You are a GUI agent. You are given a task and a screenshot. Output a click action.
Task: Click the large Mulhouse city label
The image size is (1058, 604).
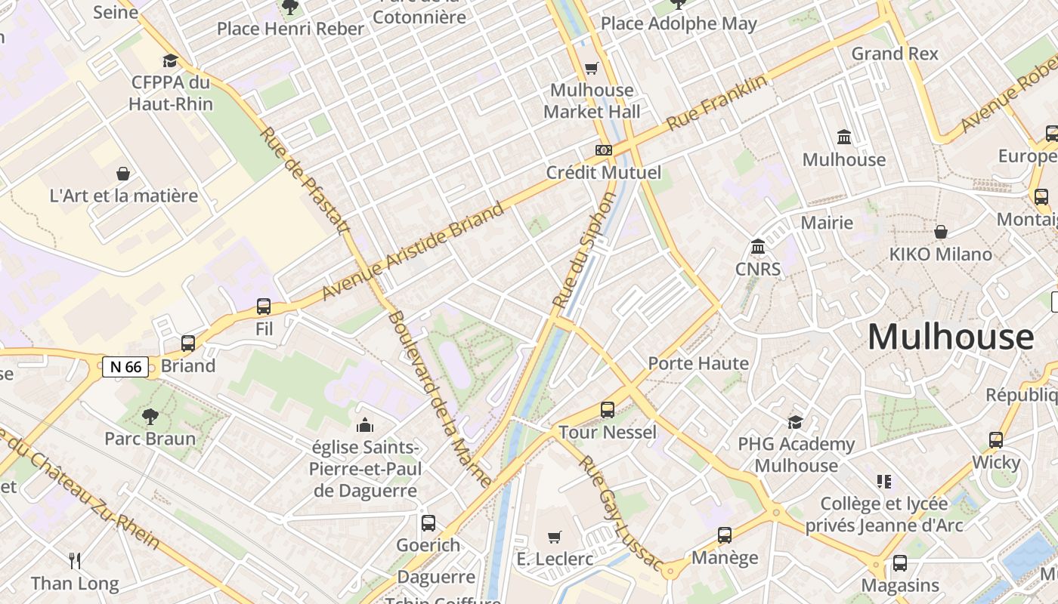[951, 337]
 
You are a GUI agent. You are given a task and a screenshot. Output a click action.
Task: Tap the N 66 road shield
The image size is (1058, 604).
[125, 367]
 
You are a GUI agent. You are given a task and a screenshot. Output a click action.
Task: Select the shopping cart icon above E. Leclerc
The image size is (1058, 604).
[555, 537]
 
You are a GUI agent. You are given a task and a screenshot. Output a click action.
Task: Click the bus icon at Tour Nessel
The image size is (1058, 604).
[608, 410]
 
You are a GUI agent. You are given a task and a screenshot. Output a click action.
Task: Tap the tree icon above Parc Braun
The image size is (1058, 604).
[150, 416]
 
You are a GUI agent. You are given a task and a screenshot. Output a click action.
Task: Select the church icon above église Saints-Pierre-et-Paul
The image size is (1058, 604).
[365, 425]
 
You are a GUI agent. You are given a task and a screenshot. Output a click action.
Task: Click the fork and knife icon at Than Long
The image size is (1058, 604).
[75, 561]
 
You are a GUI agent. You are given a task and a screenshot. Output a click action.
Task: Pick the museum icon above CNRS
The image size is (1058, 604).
[758, 247]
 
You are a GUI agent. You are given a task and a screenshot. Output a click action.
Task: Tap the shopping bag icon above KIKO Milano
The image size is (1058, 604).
[941, 232]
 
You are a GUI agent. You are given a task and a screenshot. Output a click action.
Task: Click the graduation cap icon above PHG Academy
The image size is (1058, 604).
[795, 422]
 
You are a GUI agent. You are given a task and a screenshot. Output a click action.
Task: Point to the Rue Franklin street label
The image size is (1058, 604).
[716, 102]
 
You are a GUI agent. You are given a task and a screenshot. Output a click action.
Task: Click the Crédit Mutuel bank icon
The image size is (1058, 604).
[603, 150]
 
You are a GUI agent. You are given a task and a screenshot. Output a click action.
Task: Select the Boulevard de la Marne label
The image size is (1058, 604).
[439, 398]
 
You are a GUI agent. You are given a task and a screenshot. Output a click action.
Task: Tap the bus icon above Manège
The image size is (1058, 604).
[725, 535]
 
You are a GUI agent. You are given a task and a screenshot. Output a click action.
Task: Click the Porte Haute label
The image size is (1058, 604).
[698, 363]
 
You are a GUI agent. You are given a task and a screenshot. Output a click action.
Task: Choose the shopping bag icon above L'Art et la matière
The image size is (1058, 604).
[123, 174]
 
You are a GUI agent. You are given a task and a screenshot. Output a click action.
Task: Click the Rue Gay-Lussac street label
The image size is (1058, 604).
[620, 513]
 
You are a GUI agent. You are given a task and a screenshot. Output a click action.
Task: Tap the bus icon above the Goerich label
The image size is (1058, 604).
[428, 522]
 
